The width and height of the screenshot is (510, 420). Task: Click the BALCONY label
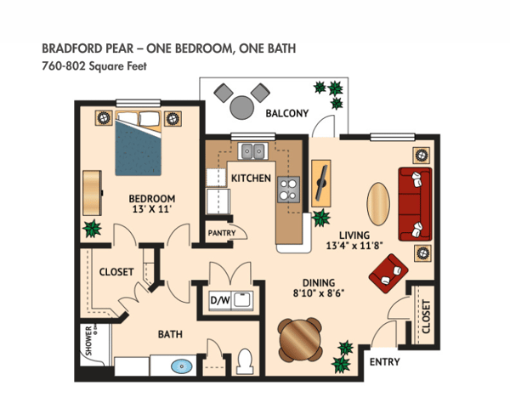pos(286,113)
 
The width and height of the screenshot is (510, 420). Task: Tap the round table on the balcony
pos(241,108)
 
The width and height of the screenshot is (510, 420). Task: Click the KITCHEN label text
pos(251,179)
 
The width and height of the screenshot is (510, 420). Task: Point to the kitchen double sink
pos(252,152)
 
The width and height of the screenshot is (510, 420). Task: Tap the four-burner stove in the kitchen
pos(289,188)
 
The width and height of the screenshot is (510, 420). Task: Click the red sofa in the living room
pos(414,204)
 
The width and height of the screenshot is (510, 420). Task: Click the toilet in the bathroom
pos(245,361)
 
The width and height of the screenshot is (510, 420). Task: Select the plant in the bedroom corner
pos(91,229)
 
